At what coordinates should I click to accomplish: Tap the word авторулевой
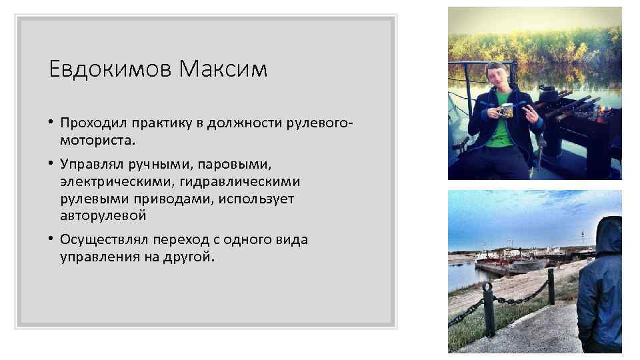point(103,216)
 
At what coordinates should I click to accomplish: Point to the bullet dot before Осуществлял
point(51,239)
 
